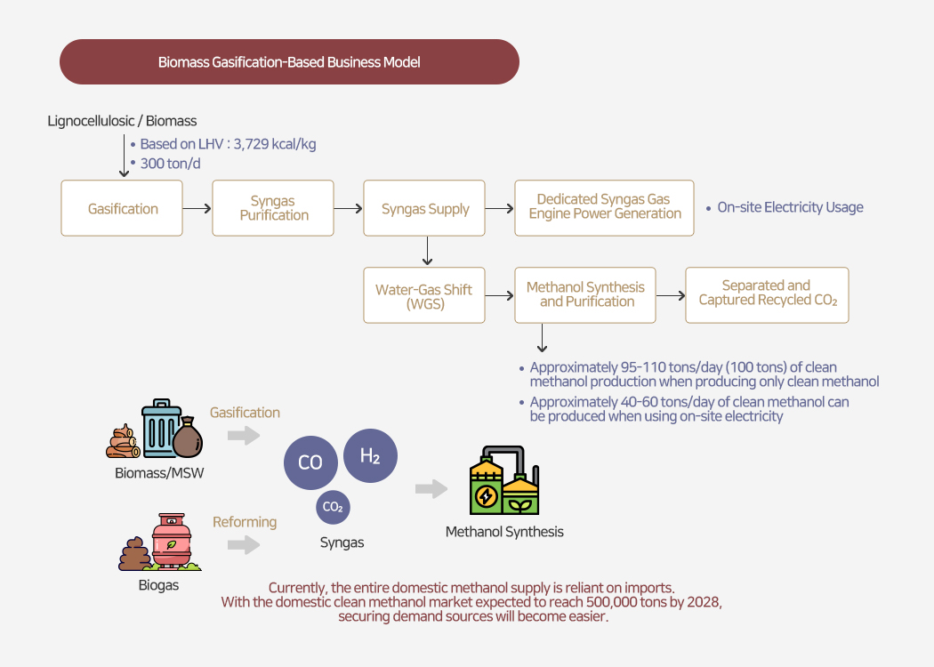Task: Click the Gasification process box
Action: click(x=122, y=208)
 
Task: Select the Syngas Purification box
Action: click(x=273, y=208)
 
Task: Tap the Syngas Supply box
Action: click(x=424, y=208)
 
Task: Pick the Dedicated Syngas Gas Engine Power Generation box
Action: click(x=604, y=208)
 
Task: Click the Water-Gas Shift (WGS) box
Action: click(x=424, y=295)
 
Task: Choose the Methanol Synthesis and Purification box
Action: click(x=585, y=295)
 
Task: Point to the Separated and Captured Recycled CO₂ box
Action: click(x=767, y=295)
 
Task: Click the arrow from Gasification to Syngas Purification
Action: click(x=197, y=208)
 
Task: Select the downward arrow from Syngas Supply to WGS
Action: click(x=428, y=251)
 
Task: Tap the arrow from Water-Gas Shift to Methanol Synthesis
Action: click(x=499, y=295)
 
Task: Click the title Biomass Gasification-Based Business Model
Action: click(x=289, y=62)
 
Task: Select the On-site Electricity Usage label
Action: click(x=790, y=208)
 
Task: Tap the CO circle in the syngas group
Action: click(x=310, y=462)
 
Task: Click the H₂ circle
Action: click(x=370, y=456)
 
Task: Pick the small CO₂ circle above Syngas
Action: click(x=333, y=507)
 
